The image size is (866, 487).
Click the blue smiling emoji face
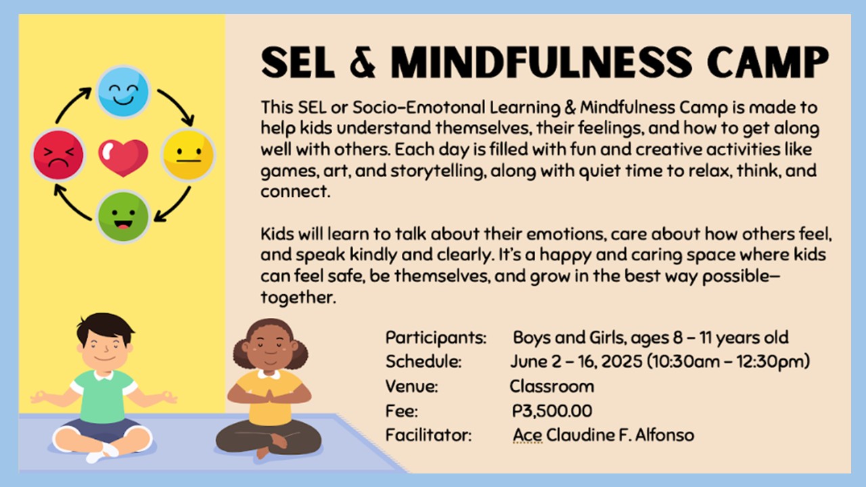tap(123, 92)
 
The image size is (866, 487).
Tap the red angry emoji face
tap(59, 154)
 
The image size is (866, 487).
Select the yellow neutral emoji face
tap(188, 154)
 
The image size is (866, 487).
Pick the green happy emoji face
tap(123, 216)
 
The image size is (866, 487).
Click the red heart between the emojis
tap(123, 156)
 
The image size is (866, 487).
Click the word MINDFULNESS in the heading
tap(542, 62)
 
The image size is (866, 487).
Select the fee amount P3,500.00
tap(552, 411)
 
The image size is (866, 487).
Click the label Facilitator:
tap(428, 434)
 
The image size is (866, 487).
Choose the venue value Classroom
tap(551, 386)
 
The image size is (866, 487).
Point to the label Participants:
tap(436, 338)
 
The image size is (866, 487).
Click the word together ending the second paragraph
tap(298, 298)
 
